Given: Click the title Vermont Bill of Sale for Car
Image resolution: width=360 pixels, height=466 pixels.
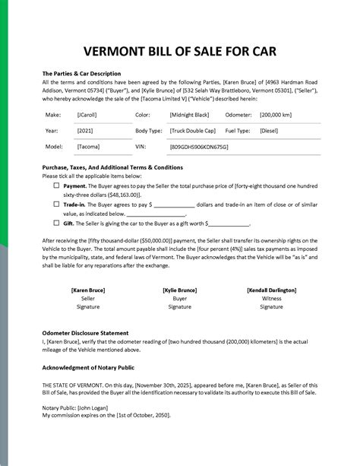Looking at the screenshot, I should coord(180,52).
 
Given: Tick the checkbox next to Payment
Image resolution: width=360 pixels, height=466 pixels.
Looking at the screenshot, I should coord(57,185).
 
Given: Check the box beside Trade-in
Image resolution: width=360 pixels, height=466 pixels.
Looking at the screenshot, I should coord(57,204).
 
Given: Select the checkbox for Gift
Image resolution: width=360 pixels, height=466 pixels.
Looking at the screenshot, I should coord(57,223).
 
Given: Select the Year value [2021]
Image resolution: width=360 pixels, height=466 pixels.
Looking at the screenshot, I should coord(85,130).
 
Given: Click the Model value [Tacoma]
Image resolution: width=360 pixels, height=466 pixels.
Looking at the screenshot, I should coord(87,146).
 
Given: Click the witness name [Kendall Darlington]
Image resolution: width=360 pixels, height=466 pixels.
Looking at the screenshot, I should coord(271,290).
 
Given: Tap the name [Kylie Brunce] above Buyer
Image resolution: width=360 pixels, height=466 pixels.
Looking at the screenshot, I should coord(180,290).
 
